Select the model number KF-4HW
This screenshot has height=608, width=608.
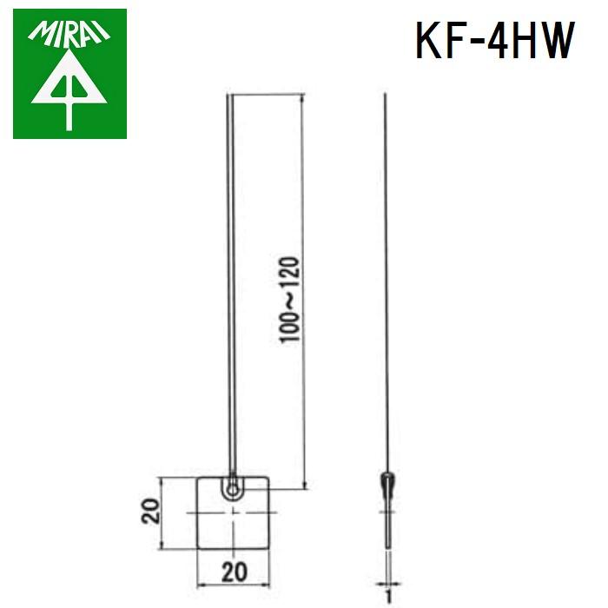pyautogui.click(x=494, y=40)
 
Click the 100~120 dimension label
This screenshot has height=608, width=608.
pyautogui.click(x=289, y=300)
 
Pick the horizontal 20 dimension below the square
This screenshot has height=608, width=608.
pyautogui.click(x=233, y=572)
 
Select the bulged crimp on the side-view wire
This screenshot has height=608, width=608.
pyautogui.click(x=387, y=483)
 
